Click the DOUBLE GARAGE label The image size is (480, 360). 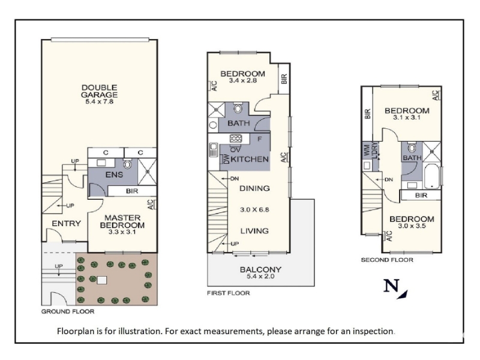99,91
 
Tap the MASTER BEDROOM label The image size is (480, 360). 122,221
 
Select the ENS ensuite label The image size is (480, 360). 114,175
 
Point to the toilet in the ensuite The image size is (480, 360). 127,164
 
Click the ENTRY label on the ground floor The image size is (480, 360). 66,223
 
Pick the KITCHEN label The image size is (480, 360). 250,159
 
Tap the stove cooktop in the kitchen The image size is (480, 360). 236,139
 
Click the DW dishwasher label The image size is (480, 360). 227,159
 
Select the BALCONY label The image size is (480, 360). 260,269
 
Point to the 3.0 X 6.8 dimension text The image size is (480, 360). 254,209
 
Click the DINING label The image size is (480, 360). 254,188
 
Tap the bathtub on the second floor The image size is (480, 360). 432,176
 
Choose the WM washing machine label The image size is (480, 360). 366,149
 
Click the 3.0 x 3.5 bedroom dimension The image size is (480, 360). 412,226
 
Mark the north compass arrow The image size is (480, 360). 403,294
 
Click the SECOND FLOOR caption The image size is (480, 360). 387,260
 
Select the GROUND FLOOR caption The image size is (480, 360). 68,311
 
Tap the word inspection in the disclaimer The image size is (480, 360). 373,331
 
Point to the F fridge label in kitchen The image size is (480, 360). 260,139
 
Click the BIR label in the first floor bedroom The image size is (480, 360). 284,79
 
